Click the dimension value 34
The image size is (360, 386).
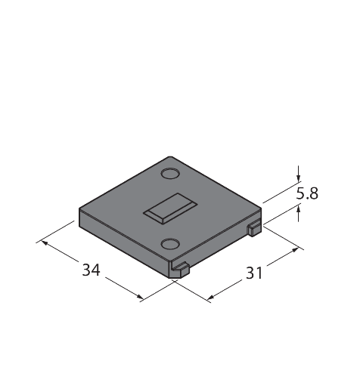[x=91, y=270]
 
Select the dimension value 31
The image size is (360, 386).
[x=254, y=273]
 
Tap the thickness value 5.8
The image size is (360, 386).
[x=307, y=193]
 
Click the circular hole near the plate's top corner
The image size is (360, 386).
[x=170, y=174]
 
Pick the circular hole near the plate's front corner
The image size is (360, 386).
[x=170, y=244]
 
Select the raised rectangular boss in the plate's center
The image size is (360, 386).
[x=170, y=208]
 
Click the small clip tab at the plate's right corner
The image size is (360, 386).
[x=254, y=228]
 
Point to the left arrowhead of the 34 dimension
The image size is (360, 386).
[x=45, y=242]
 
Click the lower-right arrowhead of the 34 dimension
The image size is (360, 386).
[x=140, y=297]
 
